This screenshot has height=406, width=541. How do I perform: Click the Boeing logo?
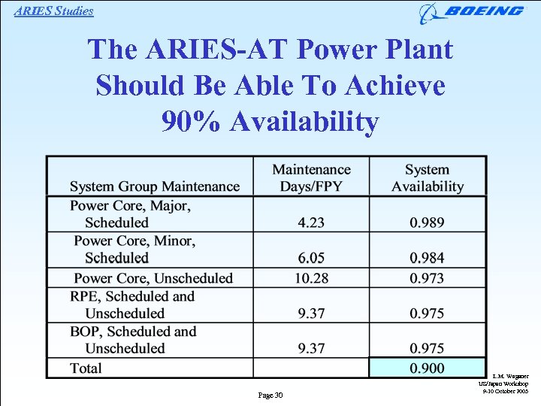[472, 12]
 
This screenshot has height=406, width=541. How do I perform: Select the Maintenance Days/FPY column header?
[311, 178]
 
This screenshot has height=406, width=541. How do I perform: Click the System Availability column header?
[427, 178]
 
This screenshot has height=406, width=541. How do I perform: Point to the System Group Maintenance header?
[155, 186]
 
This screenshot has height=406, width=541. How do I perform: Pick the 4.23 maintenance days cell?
[311, 222]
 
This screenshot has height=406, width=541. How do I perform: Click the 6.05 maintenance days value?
[311, 258]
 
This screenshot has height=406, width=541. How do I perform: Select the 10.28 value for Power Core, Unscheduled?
[311, 277]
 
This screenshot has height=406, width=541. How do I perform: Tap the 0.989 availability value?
[427, 222]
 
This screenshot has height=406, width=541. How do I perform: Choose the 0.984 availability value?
[427, 258]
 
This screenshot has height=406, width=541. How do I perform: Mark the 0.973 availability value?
[427, 277]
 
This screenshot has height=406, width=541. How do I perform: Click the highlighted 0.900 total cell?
[427, 368]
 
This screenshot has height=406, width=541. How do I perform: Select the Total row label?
[86, 368]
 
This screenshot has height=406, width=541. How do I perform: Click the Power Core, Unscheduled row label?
[153, 277]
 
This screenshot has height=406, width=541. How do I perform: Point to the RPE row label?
[132, 304]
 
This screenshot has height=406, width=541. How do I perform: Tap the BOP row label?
[133, 340]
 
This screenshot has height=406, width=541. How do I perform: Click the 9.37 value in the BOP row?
[311, 348]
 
